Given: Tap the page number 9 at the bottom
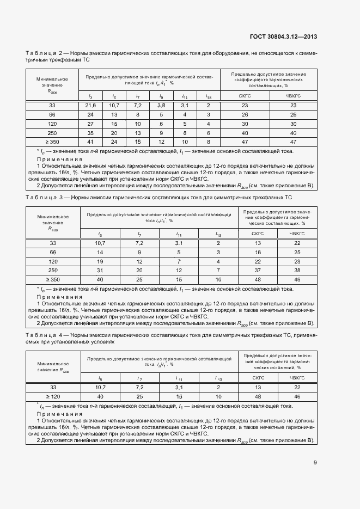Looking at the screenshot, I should [315, 463].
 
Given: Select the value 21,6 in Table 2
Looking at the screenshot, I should [90, 105].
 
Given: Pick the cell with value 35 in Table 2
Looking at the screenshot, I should [90, 132].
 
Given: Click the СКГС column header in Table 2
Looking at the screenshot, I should [245, 96].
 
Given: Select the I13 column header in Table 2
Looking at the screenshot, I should [208, 96].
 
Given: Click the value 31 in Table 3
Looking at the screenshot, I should [100, 270].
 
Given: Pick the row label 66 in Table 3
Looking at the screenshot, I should [53, 252].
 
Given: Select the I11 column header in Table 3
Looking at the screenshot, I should [179, 234].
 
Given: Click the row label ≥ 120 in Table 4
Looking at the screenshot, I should [53, 397].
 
